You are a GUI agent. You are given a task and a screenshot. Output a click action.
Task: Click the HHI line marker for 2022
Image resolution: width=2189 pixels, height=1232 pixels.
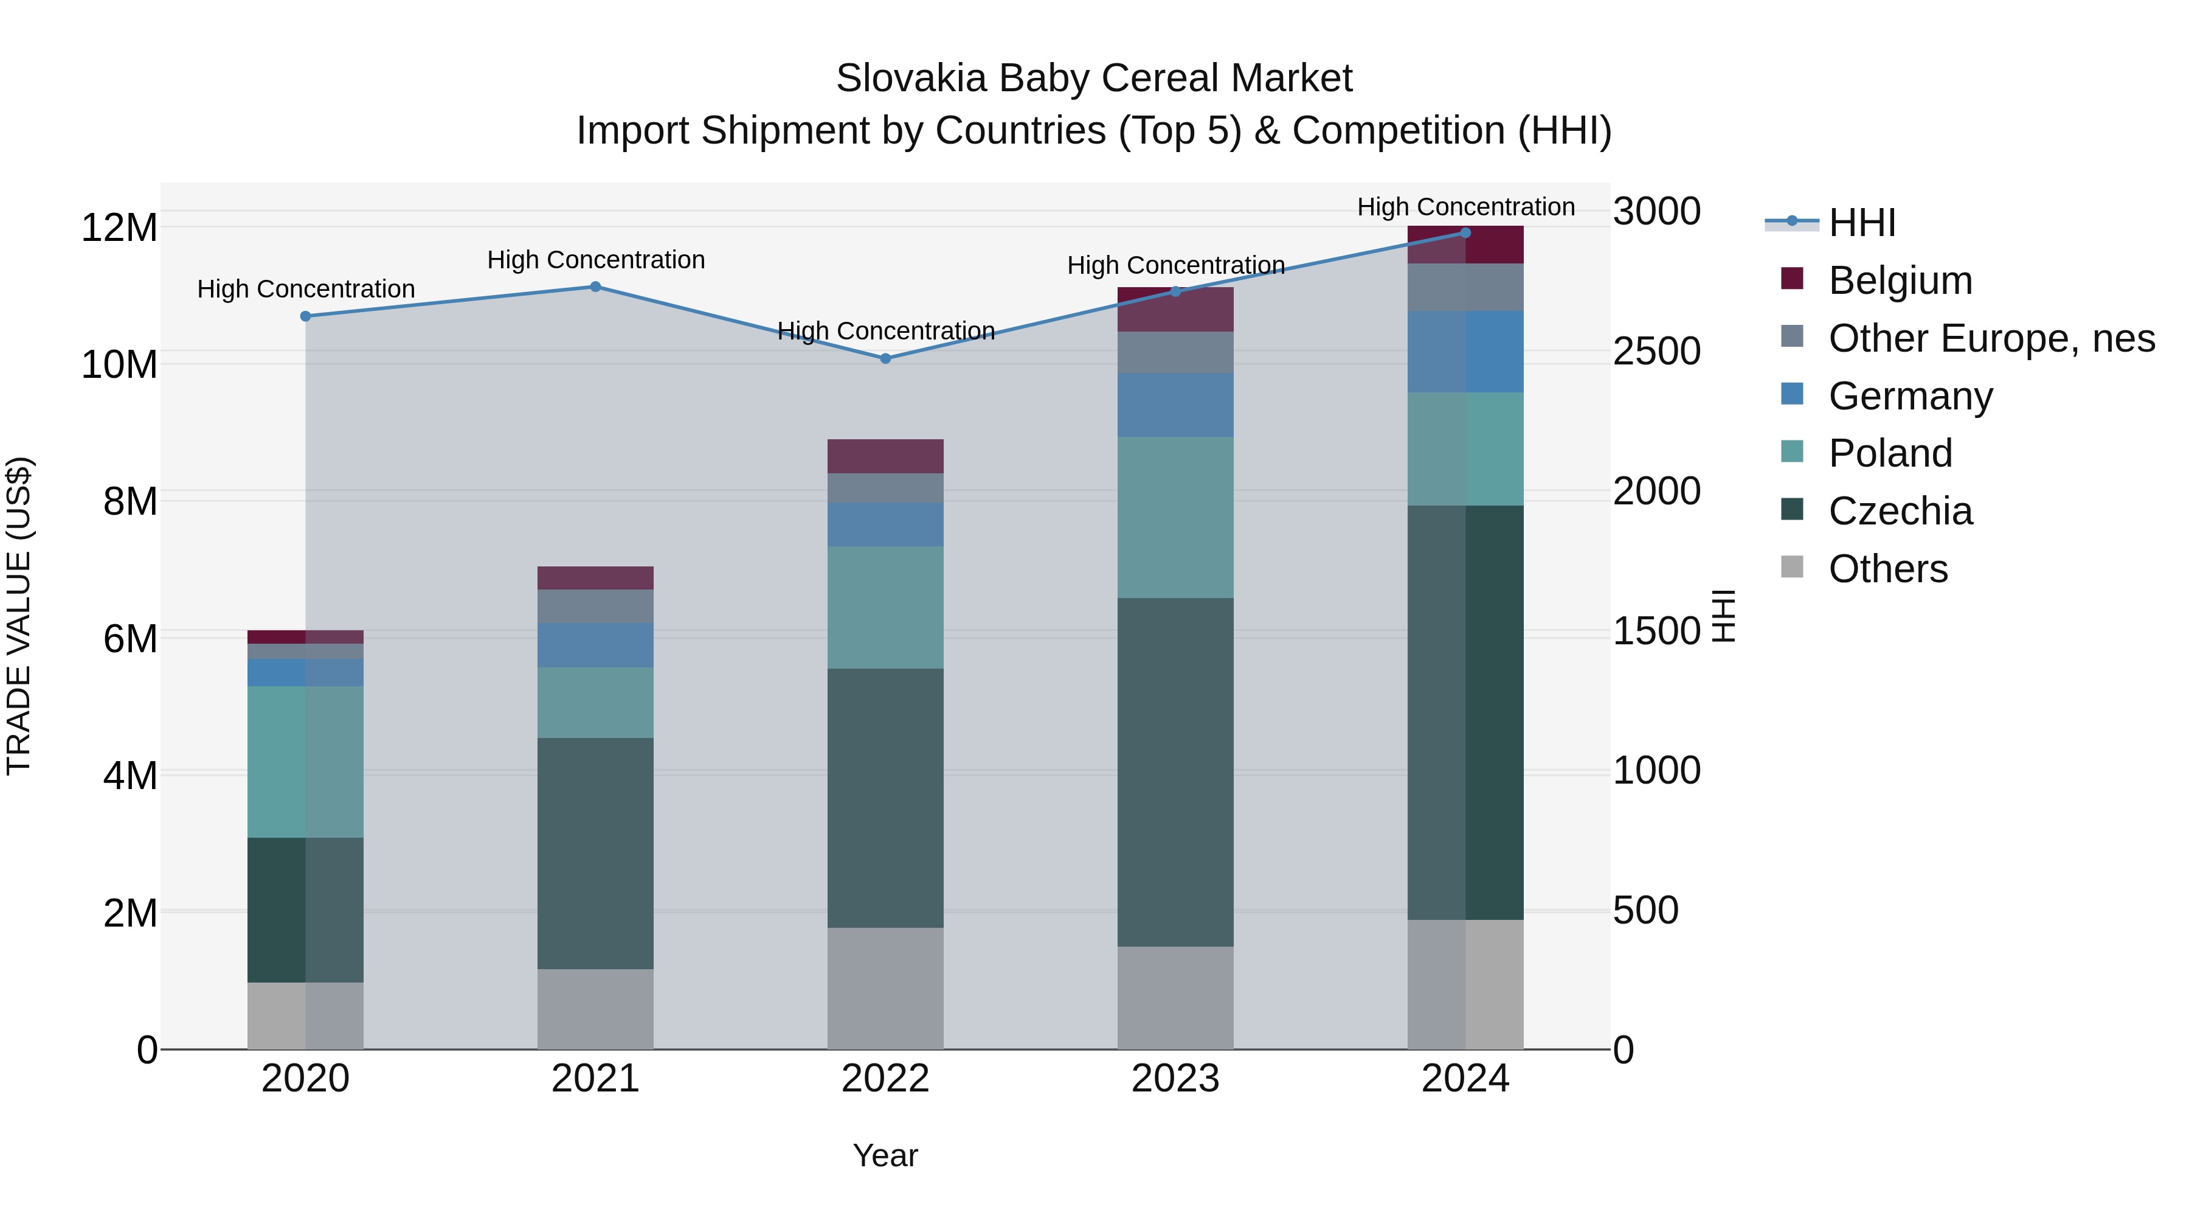(885, 359)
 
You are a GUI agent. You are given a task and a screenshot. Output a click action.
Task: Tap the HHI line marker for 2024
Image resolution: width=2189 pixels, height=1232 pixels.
(1465, 233)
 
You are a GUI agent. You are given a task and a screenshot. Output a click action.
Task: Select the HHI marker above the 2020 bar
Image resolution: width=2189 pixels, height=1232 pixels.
(306, 316)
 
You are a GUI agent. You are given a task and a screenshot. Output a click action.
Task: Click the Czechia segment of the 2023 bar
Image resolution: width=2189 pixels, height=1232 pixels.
(1175, 772)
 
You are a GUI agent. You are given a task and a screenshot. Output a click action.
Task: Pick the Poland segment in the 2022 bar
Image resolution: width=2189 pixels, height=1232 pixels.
(885, 607)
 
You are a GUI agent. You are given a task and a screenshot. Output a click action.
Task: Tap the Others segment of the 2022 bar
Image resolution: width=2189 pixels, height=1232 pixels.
(885, 988)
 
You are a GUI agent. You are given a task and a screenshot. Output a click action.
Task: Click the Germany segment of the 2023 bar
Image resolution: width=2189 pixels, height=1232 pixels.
(1175, 405)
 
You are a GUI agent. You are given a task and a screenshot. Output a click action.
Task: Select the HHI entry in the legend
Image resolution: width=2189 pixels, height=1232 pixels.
(1861, 223)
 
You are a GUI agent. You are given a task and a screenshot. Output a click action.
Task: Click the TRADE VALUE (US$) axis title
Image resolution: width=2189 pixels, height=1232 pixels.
(19, 616)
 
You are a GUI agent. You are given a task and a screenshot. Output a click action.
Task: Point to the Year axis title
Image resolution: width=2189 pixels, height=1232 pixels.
(885, 1155)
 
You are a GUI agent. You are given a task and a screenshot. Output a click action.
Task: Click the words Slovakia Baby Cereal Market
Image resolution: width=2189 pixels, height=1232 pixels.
(1094, 78)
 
